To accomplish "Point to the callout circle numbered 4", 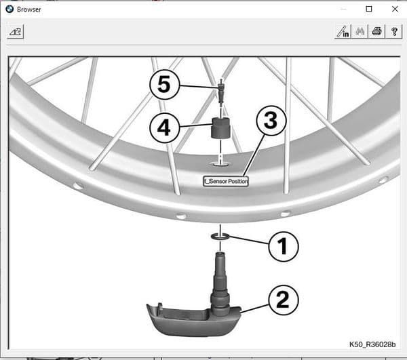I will pyautogui.click(x=164, y=127).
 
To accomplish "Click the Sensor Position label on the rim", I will pyautogui.click(x=227, y=181).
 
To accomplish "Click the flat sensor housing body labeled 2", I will pyautogui.click(x=183, y=318).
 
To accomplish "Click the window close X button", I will pyautogui.click(x=394, y=9).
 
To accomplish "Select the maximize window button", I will pyautogui.click(x=369, y=9).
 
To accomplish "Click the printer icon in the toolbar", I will pyautogui.click(x=377, y=31).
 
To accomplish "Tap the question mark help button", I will pyautogui.click(x=394, y=31).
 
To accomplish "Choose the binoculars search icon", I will pyautogui.click(x=360, y=31).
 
